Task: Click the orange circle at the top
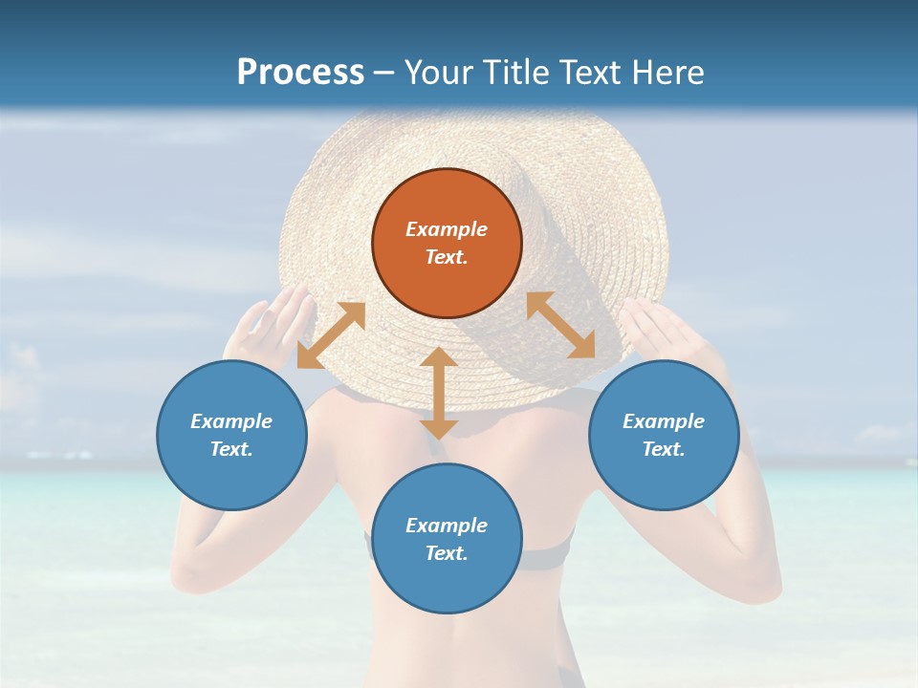coord(447,244)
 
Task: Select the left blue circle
coord(231,436)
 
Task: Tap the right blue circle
coord(664,436)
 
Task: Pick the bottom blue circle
coord(447,539)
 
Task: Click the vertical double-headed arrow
coord(439,393)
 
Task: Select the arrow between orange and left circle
coord(331,335)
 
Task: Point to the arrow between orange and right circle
coord(560,325)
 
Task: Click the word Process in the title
coord(300,73)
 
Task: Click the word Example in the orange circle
coord(447,229)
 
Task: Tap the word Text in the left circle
coord(230,449)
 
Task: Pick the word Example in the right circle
coord(664,421)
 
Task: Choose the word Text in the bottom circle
coord(446,553)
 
